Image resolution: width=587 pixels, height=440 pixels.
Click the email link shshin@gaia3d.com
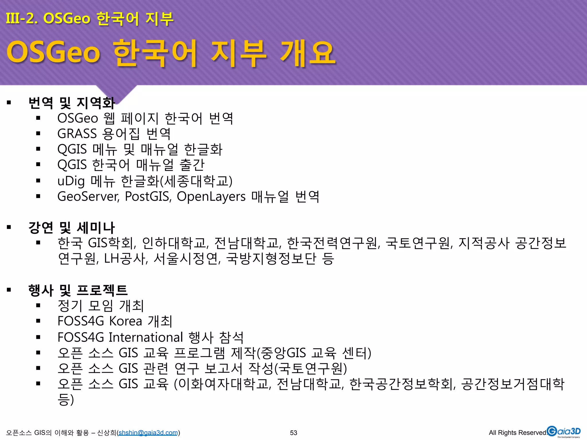pyautogui.click(x=148, y=433)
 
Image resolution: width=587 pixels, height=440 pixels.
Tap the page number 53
pyautogui.click(x=293, y=433)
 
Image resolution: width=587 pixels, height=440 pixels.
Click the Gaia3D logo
pyautogui.click(x=563, y=432)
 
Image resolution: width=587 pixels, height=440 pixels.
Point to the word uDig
pyautogui.click(x=71, y=181)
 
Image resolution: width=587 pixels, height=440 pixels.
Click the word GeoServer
pyautogui.click(x=88, y=197)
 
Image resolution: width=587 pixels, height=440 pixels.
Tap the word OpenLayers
pyautogui.click(x=211, y=197)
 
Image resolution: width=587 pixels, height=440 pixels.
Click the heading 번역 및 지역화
pyautogui.click(x=72, y=103)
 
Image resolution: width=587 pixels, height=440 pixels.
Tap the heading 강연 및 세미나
pyautogui.click(x=72, y=228)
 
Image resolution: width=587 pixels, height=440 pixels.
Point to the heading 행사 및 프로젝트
pyautogui.click(x=78, y=290)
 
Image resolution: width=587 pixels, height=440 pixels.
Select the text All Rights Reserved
pyautogui.click(x=518, y=433)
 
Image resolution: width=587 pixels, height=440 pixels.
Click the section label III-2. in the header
pyautogui.click(x=22, y=19)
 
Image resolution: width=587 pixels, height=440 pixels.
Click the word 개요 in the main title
pyautogui.click(x=307, y=53)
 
